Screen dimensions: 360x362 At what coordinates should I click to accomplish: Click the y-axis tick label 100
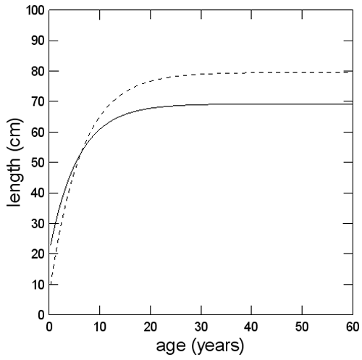click(32, 11)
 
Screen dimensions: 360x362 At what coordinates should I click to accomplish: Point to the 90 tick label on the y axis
click(35, 41)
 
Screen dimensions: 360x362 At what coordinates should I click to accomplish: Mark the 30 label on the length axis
click(35, 224)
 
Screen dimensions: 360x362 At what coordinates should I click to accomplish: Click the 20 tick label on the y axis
click(35, 254)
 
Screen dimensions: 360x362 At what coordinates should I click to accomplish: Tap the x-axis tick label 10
click(100, 327)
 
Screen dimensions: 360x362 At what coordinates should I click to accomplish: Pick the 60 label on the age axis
click(353, 327)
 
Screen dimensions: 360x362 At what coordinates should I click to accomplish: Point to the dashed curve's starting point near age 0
click(50, 282)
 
